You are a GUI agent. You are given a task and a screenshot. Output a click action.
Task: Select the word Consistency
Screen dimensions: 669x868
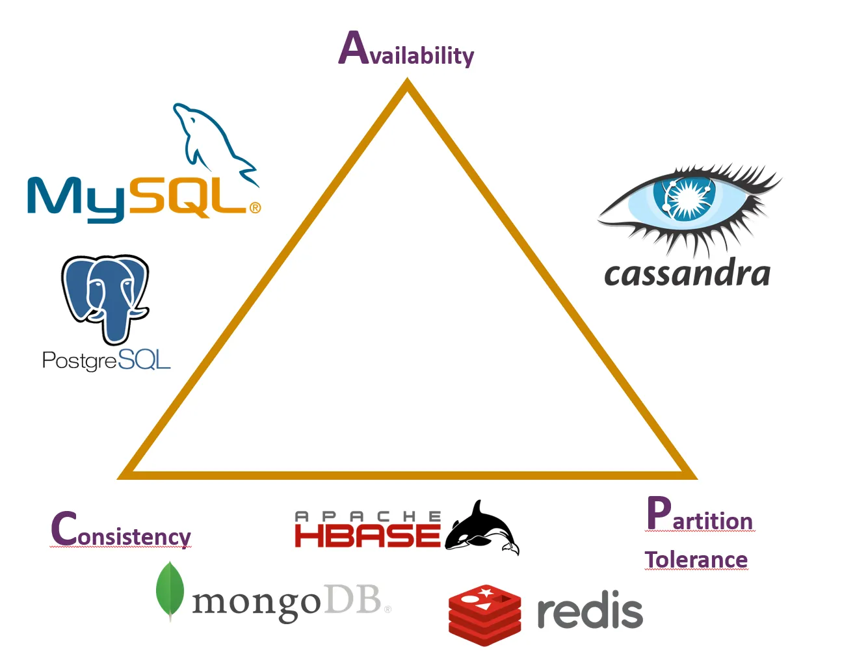click(x=121, y=530)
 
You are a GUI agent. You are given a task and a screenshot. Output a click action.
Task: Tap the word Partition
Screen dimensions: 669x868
click(x=700, y=515)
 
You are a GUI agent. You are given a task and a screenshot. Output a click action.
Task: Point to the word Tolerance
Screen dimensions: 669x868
click(x=696, y=559)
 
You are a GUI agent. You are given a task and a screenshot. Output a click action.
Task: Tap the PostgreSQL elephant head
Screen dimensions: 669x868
click(x=105, y=296)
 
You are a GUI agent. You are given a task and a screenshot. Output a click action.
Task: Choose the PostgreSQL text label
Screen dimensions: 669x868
click(x=106, y=360)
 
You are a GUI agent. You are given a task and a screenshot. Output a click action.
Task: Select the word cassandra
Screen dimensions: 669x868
click(x=687, y=273)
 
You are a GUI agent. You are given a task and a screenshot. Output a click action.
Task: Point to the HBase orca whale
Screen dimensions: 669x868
click(x=482, y=528)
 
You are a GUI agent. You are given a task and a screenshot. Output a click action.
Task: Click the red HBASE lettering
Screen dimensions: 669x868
click(x=367, y=536)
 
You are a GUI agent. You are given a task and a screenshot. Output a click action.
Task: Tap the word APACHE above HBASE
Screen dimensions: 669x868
click(x=367, y=516)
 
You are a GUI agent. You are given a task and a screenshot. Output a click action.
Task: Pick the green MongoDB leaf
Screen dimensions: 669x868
click(x=170, y=590)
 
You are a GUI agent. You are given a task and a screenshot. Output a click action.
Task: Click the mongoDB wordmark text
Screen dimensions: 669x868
click(x=286, y=601)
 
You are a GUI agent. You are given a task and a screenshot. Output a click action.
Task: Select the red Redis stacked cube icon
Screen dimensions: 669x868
click(x=484, y=614)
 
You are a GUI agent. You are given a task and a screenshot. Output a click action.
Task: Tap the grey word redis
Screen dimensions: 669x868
click(x=589, y=612)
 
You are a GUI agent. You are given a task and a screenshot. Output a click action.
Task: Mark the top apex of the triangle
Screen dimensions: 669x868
click(x=408, y=83)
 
